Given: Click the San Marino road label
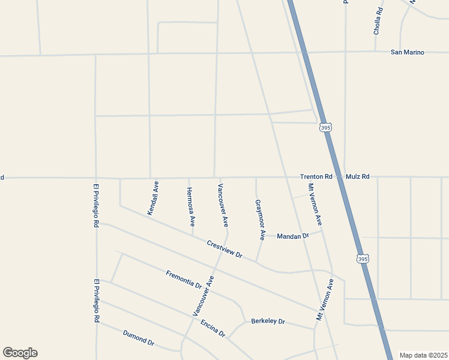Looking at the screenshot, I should tap(407, 52).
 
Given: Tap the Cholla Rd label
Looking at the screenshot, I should tap(378, 21).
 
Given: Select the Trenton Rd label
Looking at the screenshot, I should tap(316, 177).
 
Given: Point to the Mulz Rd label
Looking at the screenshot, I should tap(358, 177).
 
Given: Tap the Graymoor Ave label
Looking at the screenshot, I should tap(260, 220).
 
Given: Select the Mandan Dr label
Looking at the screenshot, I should tap(292, 236).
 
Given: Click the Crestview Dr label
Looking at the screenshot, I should tap(224, 250).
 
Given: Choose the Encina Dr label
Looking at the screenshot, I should tap(212, 328).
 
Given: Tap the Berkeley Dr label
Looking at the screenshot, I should tap(268, 321).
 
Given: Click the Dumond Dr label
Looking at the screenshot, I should tap(139, 338).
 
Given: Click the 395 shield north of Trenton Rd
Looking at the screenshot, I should tap(325, 128).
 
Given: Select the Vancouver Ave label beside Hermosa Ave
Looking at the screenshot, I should tap(223, 205).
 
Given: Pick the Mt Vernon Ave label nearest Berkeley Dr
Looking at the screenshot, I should tap(325, 298).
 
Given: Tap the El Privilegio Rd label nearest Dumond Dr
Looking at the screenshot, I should tap(95, 301).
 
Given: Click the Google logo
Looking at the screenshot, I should tap(20, 353).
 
